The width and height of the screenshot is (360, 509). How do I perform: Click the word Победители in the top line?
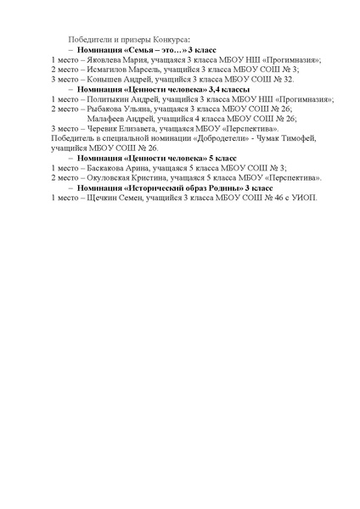click(x=90, y=40)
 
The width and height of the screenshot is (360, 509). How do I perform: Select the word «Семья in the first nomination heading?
click(x=142, y=52)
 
